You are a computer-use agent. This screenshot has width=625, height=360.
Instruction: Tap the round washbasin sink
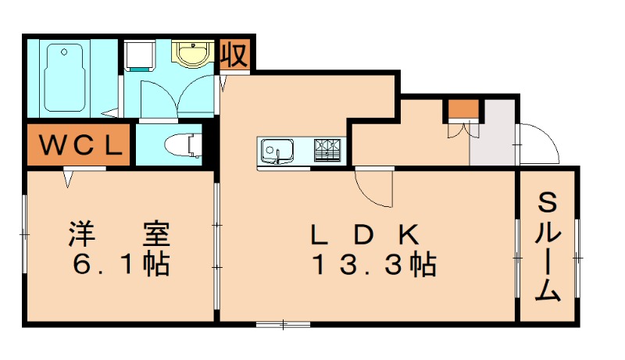pos(191,54)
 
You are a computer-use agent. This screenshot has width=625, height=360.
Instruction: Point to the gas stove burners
pos(329,148)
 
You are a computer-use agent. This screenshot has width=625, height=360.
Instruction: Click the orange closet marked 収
pos(234,55)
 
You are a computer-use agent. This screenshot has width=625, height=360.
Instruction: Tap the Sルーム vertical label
pos(548,248)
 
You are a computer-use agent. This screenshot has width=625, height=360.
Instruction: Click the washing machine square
pos(141,55)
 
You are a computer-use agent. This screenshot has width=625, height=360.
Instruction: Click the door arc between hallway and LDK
pos(373,187)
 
